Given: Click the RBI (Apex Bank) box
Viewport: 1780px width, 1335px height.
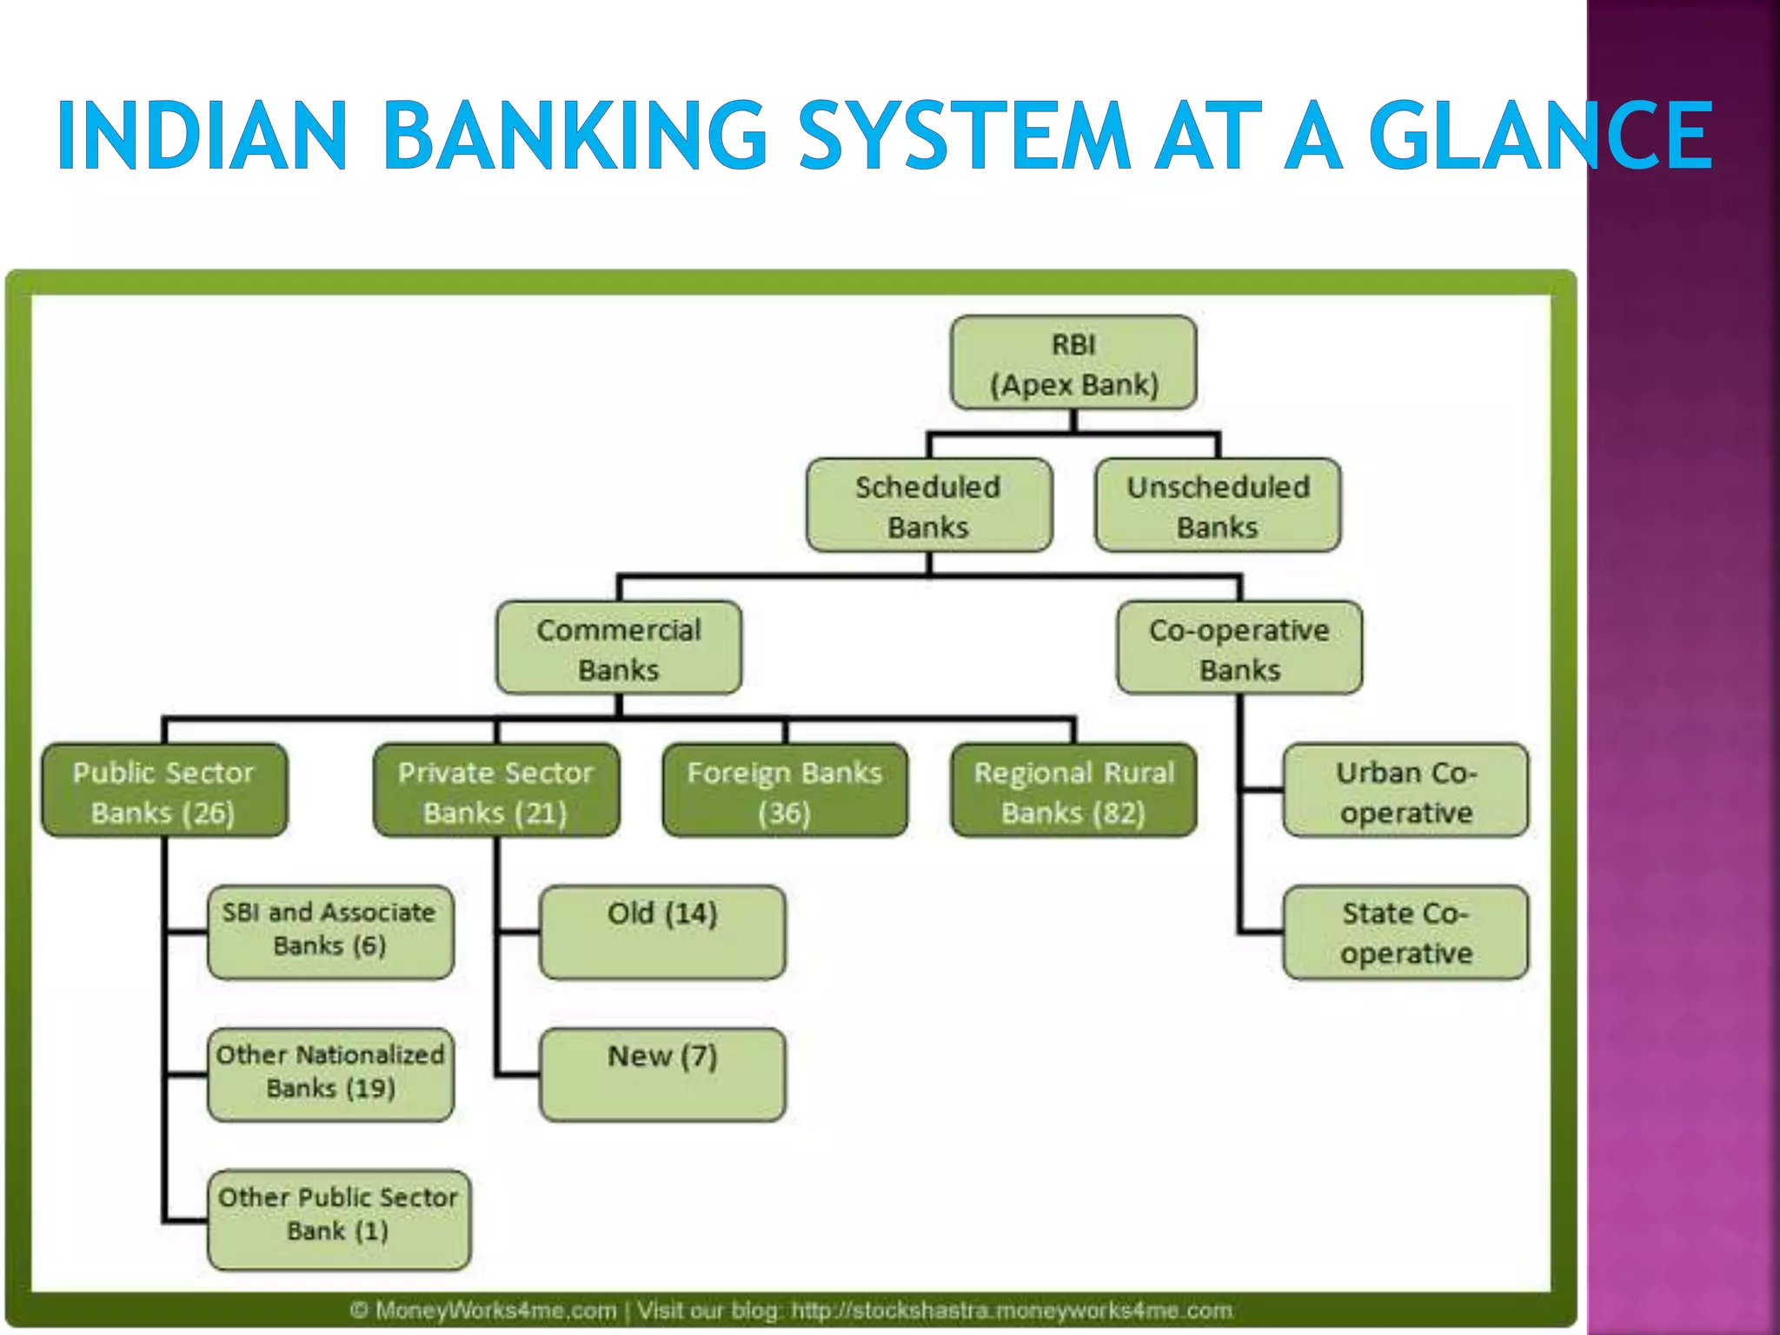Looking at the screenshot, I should [1073, 362].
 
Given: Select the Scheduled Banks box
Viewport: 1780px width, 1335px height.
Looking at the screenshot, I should [928, 505].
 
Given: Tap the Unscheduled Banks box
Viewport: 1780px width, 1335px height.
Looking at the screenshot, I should [1218, 505].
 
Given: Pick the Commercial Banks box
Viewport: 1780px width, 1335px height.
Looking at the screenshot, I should [619, 648].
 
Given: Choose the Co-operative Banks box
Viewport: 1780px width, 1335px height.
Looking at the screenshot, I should [1239, 648].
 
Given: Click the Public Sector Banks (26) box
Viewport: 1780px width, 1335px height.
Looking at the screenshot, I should [163, 790].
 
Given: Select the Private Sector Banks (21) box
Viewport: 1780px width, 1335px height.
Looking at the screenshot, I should [495, 790].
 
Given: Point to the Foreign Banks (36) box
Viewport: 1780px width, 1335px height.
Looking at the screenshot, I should [784, 790].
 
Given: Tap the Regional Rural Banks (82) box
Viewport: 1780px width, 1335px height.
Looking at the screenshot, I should [1073, 790].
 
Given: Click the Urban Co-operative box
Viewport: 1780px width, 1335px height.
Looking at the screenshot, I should [1405, 790].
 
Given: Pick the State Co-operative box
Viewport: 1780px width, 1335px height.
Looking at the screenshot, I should [1405, 933].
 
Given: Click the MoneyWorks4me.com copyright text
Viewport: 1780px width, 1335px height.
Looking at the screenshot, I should [483, 1310].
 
